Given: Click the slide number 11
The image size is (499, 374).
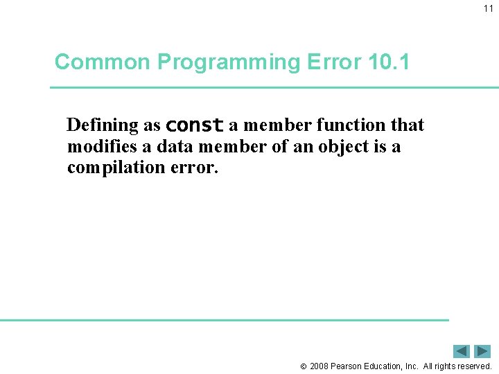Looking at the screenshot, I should [489, 8].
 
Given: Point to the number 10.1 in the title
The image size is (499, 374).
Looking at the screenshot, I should [389, 62].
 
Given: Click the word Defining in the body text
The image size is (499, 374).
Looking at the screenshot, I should [103, 125].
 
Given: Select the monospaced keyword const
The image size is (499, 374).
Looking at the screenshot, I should [195, 126].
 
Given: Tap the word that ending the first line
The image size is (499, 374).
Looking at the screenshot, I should [408, 125].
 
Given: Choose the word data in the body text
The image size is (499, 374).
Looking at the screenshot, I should [173, 147].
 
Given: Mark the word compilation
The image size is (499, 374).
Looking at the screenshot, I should [117, 168].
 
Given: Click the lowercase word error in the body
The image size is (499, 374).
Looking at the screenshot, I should [195, 168].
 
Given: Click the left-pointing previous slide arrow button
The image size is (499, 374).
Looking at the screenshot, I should [462, 351].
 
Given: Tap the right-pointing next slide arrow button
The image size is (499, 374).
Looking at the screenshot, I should [482, 351].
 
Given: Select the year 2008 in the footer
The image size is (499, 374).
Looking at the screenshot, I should [319, 366].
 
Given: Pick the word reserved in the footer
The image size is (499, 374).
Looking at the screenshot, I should [471, 366].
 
